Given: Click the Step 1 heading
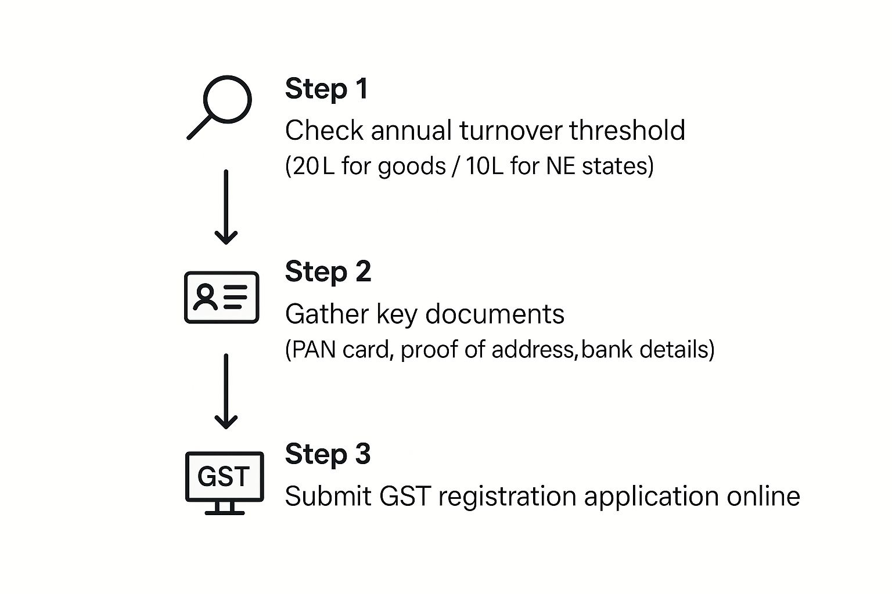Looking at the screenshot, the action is [326, 89].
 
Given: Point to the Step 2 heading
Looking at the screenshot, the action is [328, 273].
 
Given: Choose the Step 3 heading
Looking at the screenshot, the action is [328, 454].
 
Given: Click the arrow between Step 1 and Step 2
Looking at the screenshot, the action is [226, 207].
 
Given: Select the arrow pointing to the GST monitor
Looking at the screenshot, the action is [226, 392].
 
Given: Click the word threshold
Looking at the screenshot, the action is [627, 130].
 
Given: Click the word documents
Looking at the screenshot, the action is [495, 314].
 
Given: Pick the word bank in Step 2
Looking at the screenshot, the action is [606, 349].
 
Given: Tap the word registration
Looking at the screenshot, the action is [508, 497].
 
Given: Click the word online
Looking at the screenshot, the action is [764, 496].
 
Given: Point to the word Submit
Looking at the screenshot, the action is [328, 496].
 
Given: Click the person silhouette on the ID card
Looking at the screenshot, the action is [205, 297].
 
